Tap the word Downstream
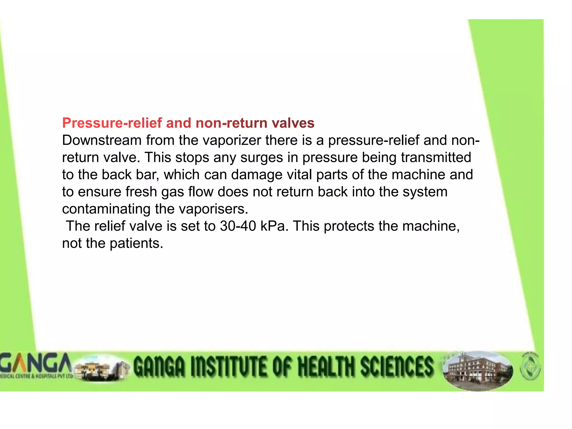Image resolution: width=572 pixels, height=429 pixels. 102,140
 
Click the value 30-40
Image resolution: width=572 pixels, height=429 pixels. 238,226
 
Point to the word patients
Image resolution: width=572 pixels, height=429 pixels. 136,244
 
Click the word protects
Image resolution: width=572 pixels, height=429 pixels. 349,226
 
